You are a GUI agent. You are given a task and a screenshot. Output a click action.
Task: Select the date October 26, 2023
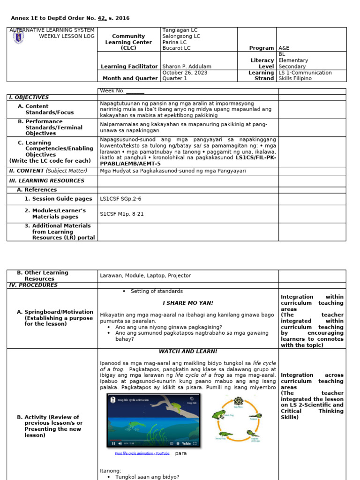pyautogui.click(x=184, y=73)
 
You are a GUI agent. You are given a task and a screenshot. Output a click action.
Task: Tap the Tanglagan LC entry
pyautogui.click(x=180, y=30)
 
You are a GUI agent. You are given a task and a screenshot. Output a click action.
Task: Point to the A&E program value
pyautogui.click(x=284, y=48)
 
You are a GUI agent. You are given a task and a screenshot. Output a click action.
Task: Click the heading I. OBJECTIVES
pyautogui.click(x=29, y=97)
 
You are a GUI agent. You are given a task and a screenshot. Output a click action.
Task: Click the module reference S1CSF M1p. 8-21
pyautogui.click(x=121, y=214)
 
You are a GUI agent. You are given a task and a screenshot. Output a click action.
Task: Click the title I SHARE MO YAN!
pyautogui.click(x=187, y=303)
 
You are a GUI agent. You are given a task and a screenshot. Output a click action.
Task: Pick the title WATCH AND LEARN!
pyautogui.click(x=187, y=352)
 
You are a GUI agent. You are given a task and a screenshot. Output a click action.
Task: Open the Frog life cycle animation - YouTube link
pyautogui.click(x=142, y=454)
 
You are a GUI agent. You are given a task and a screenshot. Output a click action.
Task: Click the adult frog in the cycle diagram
pyautogui.click(x=218, y=414)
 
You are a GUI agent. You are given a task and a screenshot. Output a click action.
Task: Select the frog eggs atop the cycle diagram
pyautogui.click(x=239, y=401)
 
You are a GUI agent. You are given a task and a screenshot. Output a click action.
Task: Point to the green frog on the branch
pyautogui.click(x=176, y=408)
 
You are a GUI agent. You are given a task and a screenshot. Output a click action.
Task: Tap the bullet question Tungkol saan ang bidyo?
pyautogui.click(x=147, y=477)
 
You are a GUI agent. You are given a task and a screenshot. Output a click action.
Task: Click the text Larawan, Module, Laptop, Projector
pyautogui.click(x=145, y=276)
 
